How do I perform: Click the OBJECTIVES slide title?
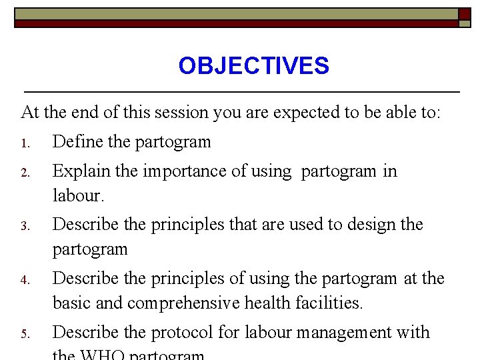tap(253, 66)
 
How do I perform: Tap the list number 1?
tap(24, 143)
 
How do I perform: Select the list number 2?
tap(24, 172)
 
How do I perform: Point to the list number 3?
tap(24, 225)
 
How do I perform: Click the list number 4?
tap(24, 279)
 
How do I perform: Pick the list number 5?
tap(24, 333)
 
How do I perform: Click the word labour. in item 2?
tap(79, 195)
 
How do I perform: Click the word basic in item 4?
tap(72, 303)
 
